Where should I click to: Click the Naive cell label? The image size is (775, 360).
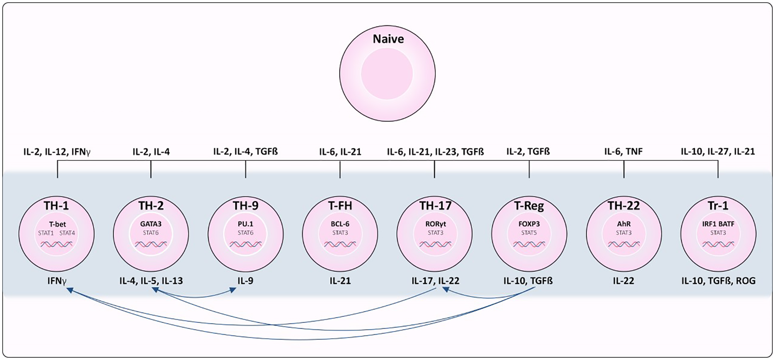[388, 39]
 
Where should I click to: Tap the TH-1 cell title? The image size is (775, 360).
[56, 206]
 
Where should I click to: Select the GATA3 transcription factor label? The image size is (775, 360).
[151, 224]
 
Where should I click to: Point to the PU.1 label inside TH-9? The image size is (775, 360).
[246, 224]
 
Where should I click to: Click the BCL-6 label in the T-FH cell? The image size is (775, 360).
[340, 224]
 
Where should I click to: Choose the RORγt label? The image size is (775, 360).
[435, 224]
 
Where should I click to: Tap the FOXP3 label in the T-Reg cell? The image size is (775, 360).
[529, 224]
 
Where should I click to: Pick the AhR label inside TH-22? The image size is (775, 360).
[623, 224]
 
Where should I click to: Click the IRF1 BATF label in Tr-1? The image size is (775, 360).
[718, 224]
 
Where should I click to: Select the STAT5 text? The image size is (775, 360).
[529, 233]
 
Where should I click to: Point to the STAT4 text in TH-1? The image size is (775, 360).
[67, 233]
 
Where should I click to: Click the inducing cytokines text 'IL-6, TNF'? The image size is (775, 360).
[623, 152]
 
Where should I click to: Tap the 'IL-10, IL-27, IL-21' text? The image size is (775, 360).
[717, 152]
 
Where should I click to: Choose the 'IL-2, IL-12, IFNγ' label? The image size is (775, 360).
[57, 152]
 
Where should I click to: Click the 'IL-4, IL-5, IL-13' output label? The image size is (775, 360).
[151, 281]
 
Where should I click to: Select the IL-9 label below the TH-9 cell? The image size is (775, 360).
[245, 281]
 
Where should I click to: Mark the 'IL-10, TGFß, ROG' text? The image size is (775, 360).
[718, 281]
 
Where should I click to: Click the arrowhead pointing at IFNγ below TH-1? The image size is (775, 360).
[70, 290]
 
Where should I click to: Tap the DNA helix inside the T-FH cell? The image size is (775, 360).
[340, 244]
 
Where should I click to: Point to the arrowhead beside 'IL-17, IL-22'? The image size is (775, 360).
[446, 289]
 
